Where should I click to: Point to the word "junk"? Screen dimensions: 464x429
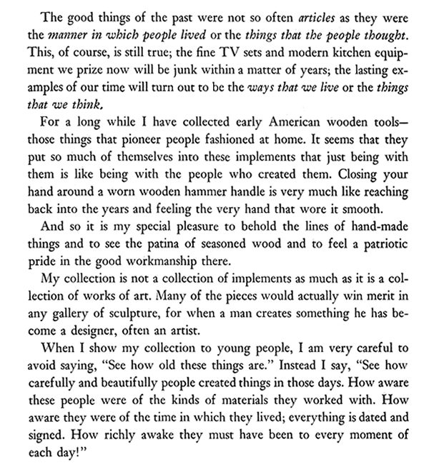[x=194, y=71]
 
